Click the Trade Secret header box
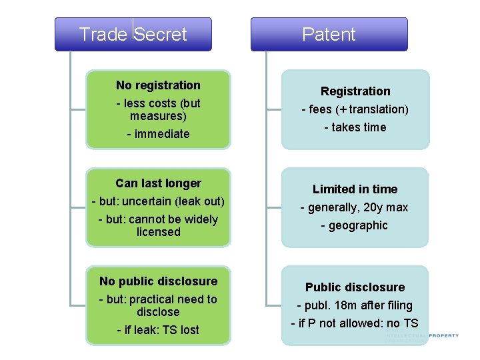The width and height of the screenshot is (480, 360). (133, 34)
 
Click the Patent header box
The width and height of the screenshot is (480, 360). (329, 34)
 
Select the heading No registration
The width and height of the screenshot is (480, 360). (158, 85)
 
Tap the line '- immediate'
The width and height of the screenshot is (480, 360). (158, 134)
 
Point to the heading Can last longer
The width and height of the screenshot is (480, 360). (158, 183)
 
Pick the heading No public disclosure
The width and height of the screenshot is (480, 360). (158, 281)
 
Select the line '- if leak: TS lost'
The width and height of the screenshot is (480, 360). (158, 330)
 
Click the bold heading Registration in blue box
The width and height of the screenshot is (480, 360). (355, 91)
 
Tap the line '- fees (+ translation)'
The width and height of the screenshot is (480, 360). (355, 109)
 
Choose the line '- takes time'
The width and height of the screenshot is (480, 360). (355, 127)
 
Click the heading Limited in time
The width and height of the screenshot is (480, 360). (355, 189)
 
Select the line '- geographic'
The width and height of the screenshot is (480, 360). (355, 225)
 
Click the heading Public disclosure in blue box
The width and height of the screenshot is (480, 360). (355, 287)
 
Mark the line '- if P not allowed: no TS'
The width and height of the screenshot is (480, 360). (355, 323)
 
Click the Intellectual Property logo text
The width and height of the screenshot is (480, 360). (421, 337)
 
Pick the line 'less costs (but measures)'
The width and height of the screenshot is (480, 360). (158, 109)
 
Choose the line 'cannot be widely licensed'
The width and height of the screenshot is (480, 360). (158, 225)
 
